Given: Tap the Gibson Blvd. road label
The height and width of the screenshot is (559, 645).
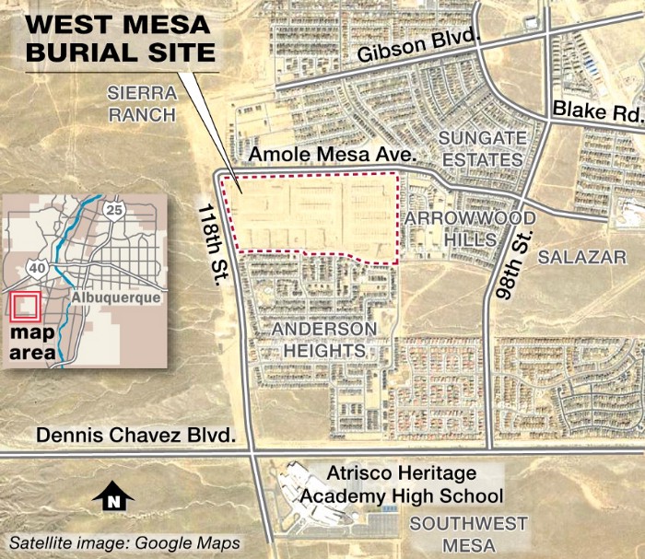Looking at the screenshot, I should [x=407, y=52].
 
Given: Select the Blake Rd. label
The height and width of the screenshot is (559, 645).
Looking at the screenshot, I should [x=595, y=112].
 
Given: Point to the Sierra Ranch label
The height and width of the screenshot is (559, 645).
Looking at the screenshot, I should [x=141, y=103].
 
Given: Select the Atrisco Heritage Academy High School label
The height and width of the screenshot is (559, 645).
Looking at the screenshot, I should [x=403, y=485].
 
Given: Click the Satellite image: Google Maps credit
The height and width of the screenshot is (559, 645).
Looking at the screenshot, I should [x=125, y=542].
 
